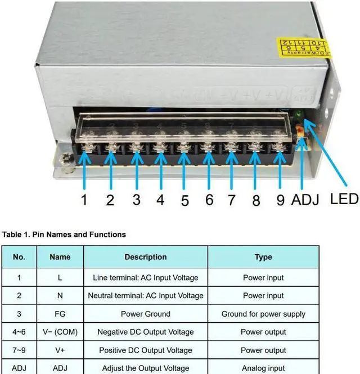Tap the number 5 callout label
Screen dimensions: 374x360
(x=185, y=200)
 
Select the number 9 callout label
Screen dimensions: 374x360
(x=280, y=200)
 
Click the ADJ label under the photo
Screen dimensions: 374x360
(x=305, y=200)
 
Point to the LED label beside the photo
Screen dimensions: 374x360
(x=344, y=198)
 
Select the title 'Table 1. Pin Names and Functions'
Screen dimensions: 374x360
(x=64, y=234)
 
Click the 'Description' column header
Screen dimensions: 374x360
(x=145, y=257)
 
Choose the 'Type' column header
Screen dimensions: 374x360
(x=263, y=257)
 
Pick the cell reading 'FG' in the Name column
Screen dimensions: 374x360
(x=60, y=314)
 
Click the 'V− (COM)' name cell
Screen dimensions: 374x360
(x=60, y=332)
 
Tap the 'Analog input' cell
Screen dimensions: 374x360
(x=263, y=368)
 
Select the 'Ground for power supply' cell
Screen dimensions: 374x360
(x=263, y=314)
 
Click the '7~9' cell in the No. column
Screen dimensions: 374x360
(x=19, y=350)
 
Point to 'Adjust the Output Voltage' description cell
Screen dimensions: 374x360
(x=145, y=368)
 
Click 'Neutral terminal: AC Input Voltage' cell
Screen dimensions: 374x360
(x=145, y=295)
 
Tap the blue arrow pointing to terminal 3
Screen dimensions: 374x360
(x=136, y=169)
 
